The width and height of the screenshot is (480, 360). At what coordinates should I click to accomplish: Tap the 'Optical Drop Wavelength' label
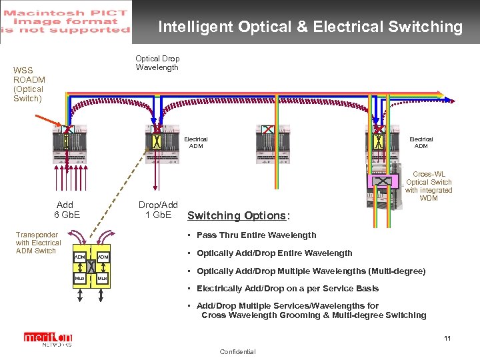[157, 63]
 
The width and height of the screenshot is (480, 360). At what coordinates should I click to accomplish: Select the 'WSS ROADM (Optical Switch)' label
[28, 84]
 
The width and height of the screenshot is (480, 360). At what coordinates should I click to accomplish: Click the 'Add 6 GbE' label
[65, 209]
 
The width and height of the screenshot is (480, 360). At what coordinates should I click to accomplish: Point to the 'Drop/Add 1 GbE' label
[157, 209]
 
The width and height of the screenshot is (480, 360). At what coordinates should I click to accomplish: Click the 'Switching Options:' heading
[239, 215]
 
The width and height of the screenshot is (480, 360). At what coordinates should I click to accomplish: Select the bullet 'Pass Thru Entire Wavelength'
[257, 235]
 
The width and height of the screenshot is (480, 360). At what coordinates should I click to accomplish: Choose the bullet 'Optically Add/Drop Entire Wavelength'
[274, 253]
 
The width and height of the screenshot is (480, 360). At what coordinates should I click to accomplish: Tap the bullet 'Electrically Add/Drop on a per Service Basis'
[287, 289]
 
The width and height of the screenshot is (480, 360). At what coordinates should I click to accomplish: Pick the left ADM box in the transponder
[80, 257]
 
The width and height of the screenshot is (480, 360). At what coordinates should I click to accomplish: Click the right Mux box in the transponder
[103, 278]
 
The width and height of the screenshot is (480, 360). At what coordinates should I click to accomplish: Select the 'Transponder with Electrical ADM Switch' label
[38, 243]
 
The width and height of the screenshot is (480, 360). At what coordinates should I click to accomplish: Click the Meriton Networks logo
[47, 339]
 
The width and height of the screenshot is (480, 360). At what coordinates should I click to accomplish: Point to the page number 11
[447, 339]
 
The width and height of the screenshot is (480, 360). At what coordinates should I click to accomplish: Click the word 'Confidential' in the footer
[237, 352]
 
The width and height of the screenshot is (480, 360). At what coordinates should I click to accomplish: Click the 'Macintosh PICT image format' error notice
[67, 21]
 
